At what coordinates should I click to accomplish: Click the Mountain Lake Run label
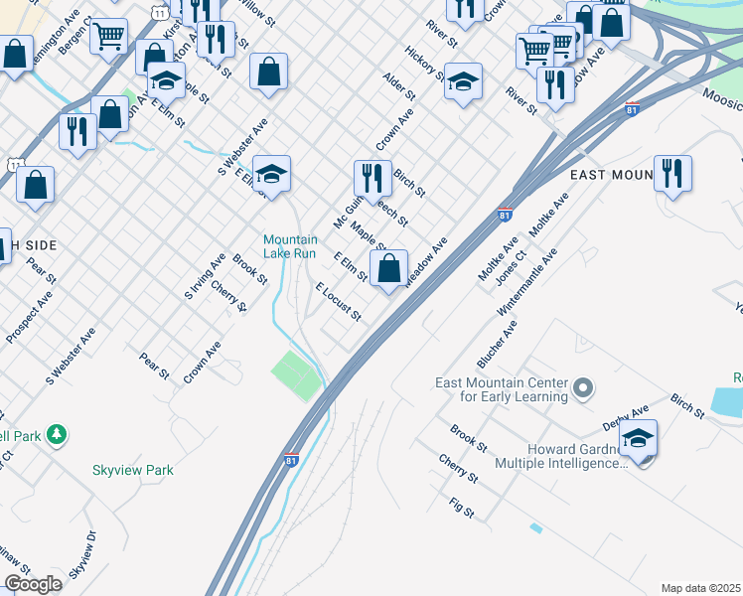pyautogui.click(x=290, y=246)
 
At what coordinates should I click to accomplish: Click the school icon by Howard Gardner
pyautogui.click(x=638, y=438)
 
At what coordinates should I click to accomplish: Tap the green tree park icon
pyautogui.click(x=58, y=434)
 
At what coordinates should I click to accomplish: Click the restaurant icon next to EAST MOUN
pyautogui.click(x=672, y=174)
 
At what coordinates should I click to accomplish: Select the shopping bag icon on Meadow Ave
pyautogui.click(x=389, y=267)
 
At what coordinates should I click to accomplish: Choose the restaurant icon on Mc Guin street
pyautogui.click(x=372, y=179)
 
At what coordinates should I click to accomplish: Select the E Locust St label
pyautogui.click(x=338, y=302)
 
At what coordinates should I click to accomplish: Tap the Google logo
pyautogui.click(x=33, y=584)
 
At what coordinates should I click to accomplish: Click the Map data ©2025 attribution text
pyautogui.click(x=700, y=588)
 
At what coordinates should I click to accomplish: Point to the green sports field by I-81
pyautogui.click(x=298, y=376)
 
